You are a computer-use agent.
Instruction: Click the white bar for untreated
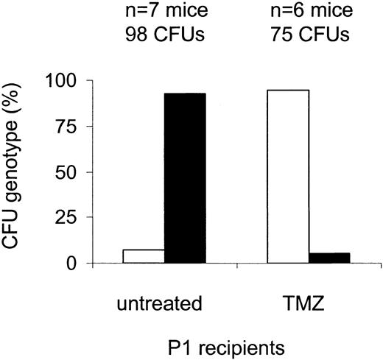pos(144,256)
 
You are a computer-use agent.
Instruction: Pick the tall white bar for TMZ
pos(288,177)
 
